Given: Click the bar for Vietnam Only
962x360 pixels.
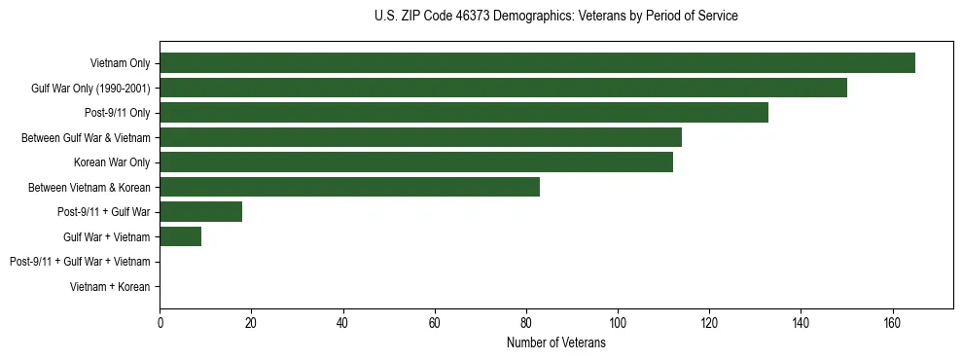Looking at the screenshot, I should pyautogui.click(x=537, y=63).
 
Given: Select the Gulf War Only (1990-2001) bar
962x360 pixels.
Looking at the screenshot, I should pyautogui.click(x=503, y=89).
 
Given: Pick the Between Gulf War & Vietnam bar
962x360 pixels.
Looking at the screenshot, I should pyautogui.click(x=420, y=138).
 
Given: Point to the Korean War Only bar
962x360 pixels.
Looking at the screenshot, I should pyautogui.click(x=416, y=162).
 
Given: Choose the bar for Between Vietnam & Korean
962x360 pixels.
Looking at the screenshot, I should pyautogui.click(x=349, y=187).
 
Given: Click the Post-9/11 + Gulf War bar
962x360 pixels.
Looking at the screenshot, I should pyautogui.click(x=200, y=212).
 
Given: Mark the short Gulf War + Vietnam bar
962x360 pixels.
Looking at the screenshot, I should pyautogui.click(x=180, y=236).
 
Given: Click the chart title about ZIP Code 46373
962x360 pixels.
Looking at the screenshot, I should pyautogui.click(x=555, y=17).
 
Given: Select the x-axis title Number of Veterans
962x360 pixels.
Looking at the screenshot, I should pyautogui.click(x=555, y=343).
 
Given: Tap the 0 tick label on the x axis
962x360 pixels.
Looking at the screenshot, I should pyautogui.click(x=160, y=324).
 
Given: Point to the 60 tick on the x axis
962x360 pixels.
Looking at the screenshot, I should pyautogui.click(x=435, y=324).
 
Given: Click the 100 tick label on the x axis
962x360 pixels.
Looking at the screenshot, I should pyautogui.click(x=618, y=324).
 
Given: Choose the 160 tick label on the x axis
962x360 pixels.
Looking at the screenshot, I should pyautogui.click(x=892, y=324).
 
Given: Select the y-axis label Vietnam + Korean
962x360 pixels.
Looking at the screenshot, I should pyautogui.click(x=110, y=287).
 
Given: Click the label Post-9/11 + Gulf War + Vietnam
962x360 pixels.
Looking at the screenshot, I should pyautogui.click(x=80, y=262).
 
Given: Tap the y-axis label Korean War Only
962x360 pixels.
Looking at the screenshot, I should pyautogui.click(x=112, y=162).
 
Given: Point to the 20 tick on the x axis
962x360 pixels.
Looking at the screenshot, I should pyautogui.click(x=251, y=324).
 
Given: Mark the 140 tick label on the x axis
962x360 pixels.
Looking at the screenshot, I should pyautogui.click(x=801, y=324).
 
